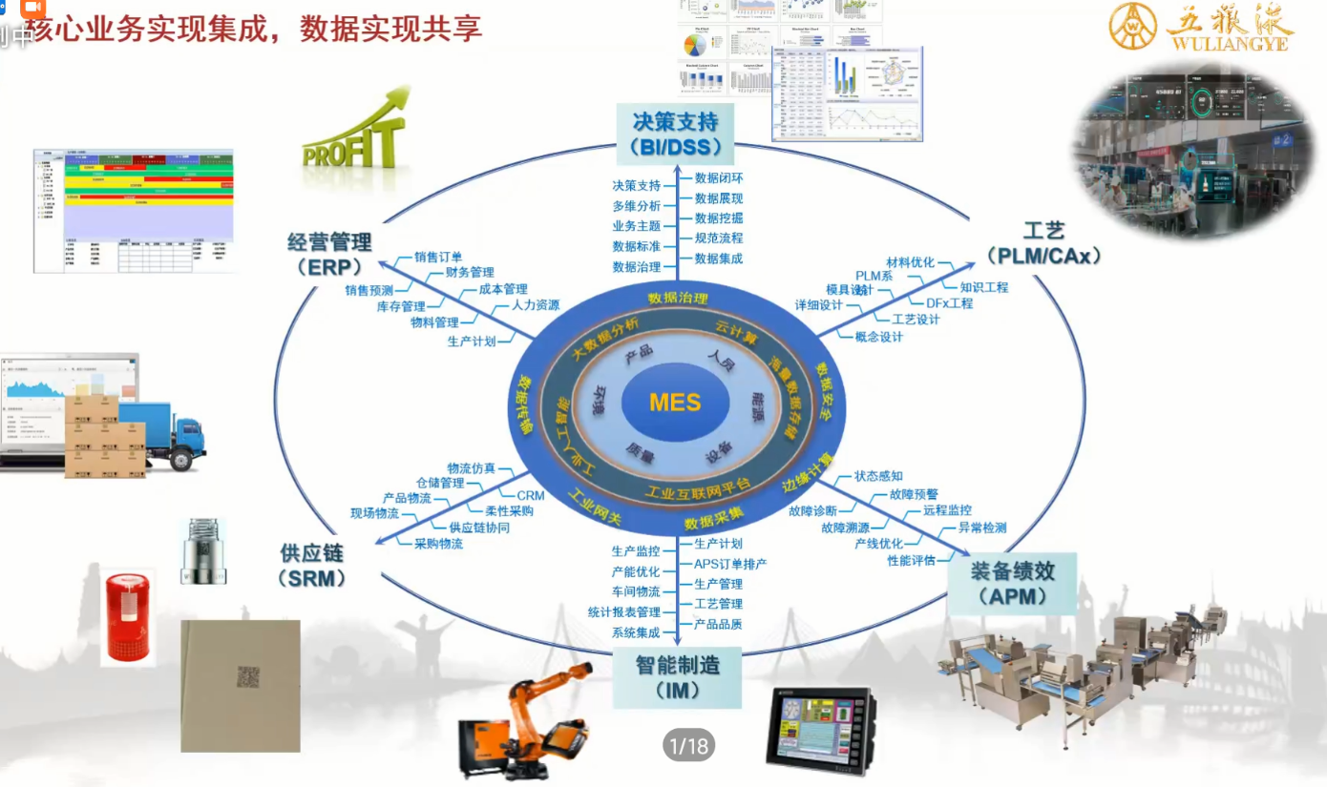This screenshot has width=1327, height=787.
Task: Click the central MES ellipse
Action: coord(675,402)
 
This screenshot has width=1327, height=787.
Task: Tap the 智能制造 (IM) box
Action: coord(677,676)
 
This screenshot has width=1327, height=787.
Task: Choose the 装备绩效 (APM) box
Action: coord(1011,584)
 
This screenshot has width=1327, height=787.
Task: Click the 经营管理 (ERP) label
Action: coord(329,254)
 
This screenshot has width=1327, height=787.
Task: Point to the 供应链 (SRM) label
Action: coord(311,565)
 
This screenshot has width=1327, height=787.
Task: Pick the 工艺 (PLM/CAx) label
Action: coord(1043,243)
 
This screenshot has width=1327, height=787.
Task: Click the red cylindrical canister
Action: coord(128,616)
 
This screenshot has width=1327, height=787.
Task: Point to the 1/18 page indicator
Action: coord(688,745)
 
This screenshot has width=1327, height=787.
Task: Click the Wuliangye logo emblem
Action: coord(1132,27)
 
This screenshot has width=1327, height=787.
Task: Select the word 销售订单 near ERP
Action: coord(438,257)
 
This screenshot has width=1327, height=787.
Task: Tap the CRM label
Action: coord(530,496)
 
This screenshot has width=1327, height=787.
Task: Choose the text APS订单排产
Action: coord(730,564)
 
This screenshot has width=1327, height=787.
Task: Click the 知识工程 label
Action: coord(983,287)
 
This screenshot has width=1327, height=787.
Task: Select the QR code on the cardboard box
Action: coord(248,677)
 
